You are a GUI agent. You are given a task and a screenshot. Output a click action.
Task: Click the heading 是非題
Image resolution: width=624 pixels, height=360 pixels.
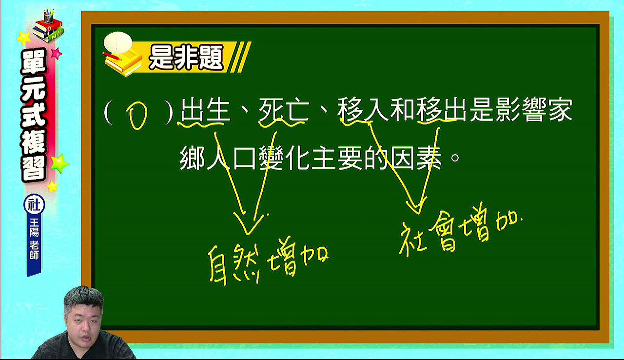coord(186,58)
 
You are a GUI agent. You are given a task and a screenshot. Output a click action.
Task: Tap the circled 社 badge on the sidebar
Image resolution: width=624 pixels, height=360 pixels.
coord(34,204)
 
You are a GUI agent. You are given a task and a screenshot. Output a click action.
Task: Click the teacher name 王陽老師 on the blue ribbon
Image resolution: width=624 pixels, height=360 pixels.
coord(34,239)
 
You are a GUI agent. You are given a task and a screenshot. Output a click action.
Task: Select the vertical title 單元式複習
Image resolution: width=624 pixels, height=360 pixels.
coord(34,115)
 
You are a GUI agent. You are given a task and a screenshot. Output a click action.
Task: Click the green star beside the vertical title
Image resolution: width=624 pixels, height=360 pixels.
coord(59,163)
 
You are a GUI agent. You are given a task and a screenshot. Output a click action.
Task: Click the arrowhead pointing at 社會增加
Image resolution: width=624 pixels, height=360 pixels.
coord(417,206)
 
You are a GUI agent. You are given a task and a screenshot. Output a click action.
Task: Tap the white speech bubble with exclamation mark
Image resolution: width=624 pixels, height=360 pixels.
coord(118,42)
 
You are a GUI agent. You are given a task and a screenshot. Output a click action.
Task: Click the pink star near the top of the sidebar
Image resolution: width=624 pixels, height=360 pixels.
coord(56,53)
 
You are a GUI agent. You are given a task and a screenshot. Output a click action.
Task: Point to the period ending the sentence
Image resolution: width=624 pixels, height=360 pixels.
coord(455,158)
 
